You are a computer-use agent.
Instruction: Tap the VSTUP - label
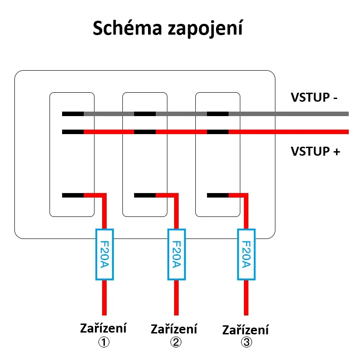(x=314, y=98)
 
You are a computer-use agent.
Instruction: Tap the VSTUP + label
(x=315, y=151)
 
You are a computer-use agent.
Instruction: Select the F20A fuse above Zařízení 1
(x=104, y=254)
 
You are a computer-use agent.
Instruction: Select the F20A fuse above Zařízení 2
(x=176, y=254)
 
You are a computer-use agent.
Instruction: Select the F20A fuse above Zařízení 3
(x=246, y=254)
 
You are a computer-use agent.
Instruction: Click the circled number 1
(x=104, y=342)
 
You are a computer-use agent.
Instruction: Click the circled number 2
(x=175, y=342)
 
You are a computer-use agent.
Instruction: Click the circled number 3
(x=246, y=342)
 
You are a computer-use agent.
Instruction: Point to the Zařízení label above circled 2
(x=174, y=329)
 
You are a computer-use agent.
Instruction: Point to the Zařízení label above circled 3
(x=245, y=330)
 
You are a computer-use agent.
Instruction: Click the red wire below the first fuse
(x=104, y=297)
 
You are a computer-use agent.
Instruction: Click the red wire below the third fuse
(x=246, y=297)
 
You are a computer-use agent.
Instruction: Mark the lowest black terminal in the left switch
(x=73, y=195)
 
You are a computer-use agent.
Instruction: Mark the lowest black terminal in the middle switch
(x=145, y=195)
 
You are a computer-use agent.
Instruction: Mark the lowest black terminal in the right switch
(x=217, y=195)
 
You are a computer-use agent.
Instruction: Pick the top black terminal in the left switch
(x=73, y=114)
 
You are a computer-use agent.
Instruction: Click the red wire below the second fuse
(x=176, y=297)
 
